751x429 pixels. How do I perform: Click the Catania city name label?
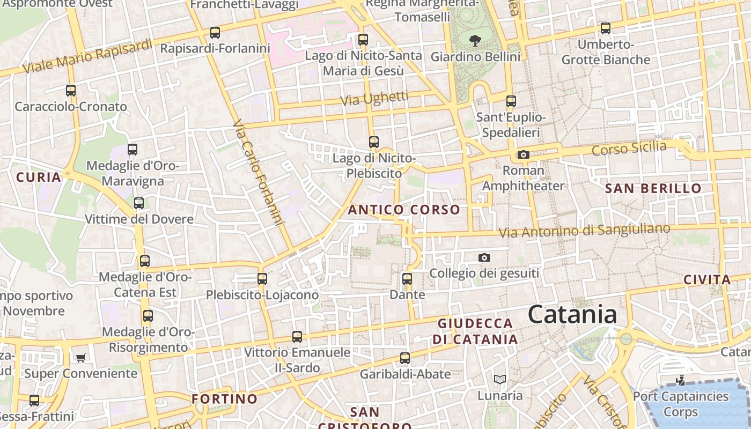(x=572, y=314)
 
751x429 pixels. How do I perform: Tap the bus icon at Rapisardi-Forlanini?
(x=215, y=33)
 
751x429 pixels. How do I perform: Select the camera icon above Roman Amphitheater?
(x=523, y=155)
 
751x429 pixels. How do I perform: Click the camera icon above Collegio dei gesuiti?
(x=484, y=258)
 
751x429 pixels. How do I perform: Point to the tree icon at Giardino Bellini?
(x=475, y=40)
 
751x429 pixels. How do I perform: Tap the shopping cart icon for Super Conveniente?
(x=80, y=358)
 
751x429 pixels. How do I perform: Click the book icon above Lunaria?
(x=500, y=380)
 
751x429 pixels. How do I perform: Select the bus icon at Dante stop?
(x=407, y=279)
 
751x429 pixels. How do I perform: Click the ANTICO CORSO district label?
(x=404, y=210)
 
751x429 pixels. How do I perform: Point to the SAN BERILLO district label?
(x=653, y=188)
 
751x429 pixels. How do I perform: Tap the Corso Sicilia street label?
(x=629, y=148)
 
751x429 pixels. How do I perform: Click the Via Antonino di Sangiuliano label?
(x=584, y=231)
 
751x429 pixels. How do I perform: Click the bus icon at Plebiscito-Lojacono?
(x=262, y=279)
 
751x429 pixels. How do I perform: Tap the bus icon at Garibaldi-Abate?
(x=405, y=358)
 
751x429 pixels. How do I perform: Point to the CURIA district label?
(x=39, y=177)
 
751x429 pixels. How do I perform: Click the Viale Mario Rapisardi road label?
(x=88, y=57)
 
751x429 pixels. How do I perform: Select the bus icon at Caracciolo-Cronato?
(x=71, y=91)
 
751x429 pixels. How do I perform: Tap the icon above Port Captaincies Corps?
(x=680, y=381)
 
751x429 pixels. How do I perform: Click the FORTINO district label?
(x=225, y=399)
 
